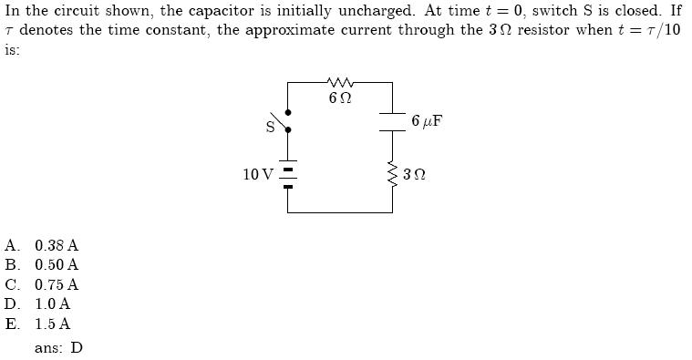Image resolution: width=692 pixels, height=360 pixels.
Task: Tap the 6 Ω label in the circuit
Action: point(340,98)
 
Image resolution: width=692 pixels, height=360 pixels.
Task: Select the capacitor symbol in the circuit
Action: point(393,122)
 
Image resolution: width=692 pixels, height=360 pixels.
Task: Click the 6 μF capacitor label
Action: point(427,120)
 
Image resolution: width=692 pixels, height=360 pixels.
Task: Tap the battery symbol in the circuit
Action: point(288,175)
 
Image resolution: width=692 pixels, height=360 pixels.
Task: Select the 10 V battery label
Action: point(258,174)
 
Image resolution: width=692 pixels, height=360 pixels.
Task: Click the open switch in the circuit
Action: point(285,120)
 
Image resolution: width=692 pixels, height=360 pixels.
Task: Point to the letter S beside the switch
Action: point(270,128)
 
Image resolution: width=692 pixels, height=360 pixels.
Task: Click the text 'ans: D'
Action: point(58,347)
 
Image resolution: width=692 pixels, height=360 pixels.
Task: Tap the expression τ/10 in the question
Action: point(662,30)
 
